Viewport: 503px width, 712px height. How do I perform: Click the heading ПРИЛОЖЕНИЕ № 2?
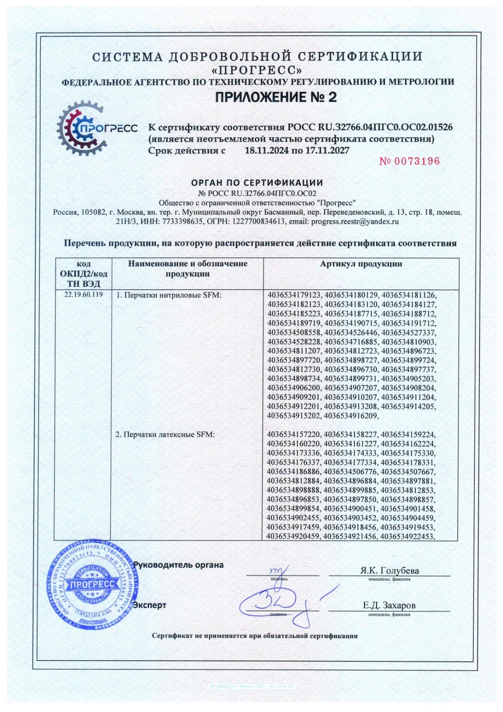[276, 97]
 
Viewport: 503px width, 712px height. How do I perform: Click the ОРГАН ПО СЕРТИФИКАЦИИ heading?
[257, 182]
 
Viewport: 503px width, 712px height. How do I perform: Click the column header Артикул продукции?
[361, 264]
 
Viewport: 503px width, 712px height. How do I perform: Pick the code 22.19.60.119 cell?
[83, 295]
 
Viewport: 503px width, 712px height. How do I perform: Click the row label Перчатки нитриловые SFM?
[169, 295]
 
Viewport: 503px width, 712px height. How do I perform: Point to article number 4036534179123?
[294, 295]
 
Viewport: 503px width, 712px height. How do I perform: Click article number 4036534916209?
[351, 416]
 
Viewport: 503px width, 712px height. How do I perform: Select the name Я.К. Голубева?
[389, 571]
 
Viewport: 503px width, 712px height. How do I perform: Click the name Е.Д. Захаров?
[389, 605]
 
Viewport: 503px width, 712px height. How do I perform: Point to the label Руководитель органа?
[178, 565]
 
